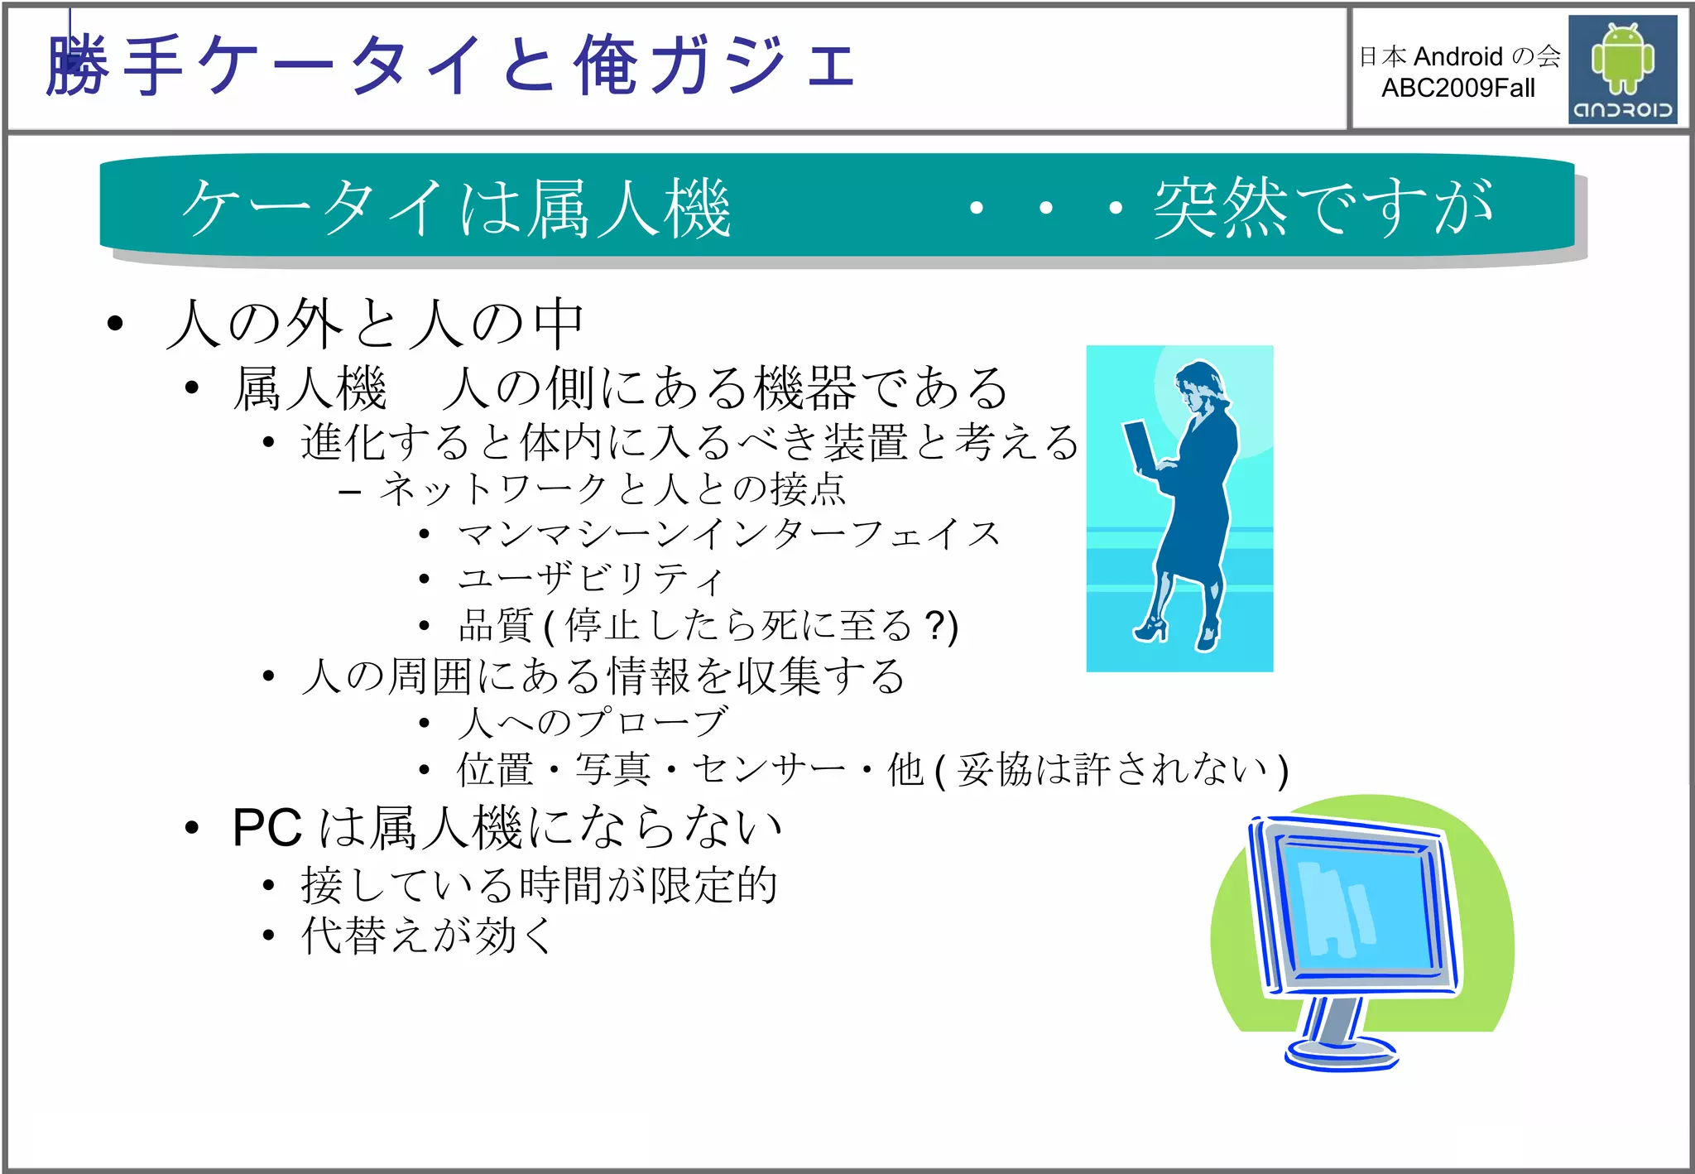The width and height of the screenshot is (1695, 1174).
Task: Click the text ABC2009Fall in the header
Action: [x=1457, y=88]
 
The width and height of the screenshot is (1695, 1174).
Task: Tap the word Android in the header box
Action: [x=1458, y=56]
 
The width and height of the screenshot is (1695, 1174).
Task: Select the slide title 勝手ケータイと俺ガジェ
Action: [x=451, y=65]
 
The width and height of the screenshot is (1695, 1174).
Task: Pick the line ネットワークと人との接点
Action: [x=612, y=488]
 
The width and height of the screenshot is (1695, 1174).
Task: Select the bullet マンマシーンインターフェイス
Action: [x=728, y=534]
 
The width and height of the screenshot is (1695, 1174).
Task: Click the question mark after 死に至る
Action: [x=934, y=625]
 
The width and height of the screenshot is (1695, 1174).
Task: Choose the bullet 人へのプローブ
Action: [x=593, y=722]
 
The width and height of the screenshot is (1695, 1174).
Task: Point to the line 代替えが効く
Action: [x=427, y=936]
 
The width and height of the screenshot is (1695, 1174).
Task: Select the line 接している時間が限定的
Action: [x=539, y=885]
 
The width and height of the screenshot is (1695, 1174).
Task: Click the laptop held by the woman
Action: [x=1140, y=447]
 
